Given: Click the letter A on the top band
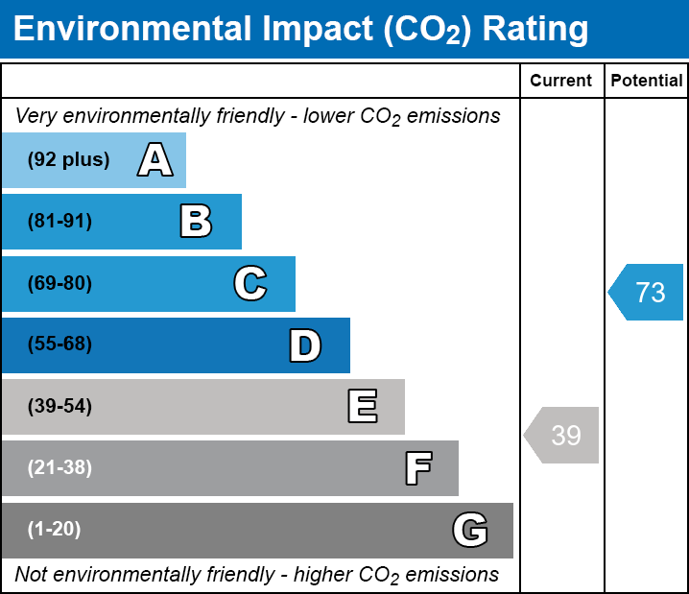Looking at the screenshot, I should [154, 160].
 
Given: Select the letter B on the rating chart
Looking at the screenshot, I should [196, 222].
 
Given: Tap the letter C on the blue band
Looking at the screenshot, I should [249, 284].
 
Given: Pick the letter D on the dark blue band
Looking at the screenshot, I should [305, 345].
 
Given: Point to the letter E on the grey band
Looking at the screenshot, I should [362, 407].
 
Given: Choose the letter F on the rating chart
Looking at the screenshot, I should [417, 468].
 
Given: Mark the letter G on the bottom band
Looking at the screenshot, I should [470, 530].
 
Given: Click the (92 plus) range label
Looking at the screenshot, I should [68, 160].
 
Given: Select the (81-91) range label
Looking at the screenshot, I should [59, 222].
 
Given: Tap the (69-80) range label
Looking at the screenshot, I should [59, 284].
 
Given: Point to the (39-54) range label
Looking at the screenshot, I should [59, 407].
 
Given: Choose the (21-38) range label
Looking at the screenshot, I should [59, 468].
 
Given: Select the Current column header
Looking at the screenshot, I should [561, 82].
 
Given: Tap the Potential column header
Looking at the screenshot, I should [647, 82].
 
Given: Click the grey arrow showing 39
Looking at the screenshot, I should [562, 436].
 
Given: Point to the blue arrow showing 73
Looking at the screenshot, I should [647, 292].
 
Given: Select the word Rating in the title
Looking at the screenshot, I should [535, 30].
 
